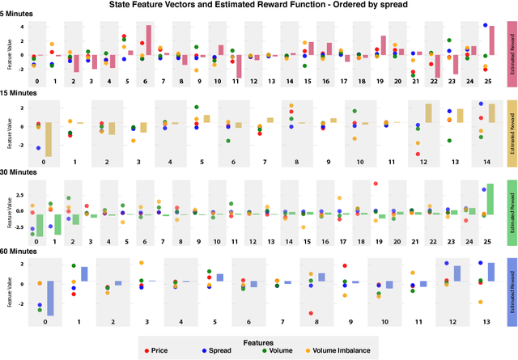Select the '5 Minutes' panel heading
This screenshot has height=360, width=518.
[19, 15]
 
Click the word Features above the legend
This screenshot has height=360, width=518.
[258, 341]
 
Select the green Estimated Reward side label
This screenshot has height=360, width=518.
[512, 213]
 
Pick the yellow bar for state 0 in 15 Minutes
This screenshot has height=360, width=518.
[49, 139]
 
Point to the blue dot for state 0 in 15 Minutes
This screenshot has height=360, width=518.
[38, 148]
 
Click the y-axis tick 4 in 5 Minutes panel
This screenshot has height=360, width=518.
[24, 27]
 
